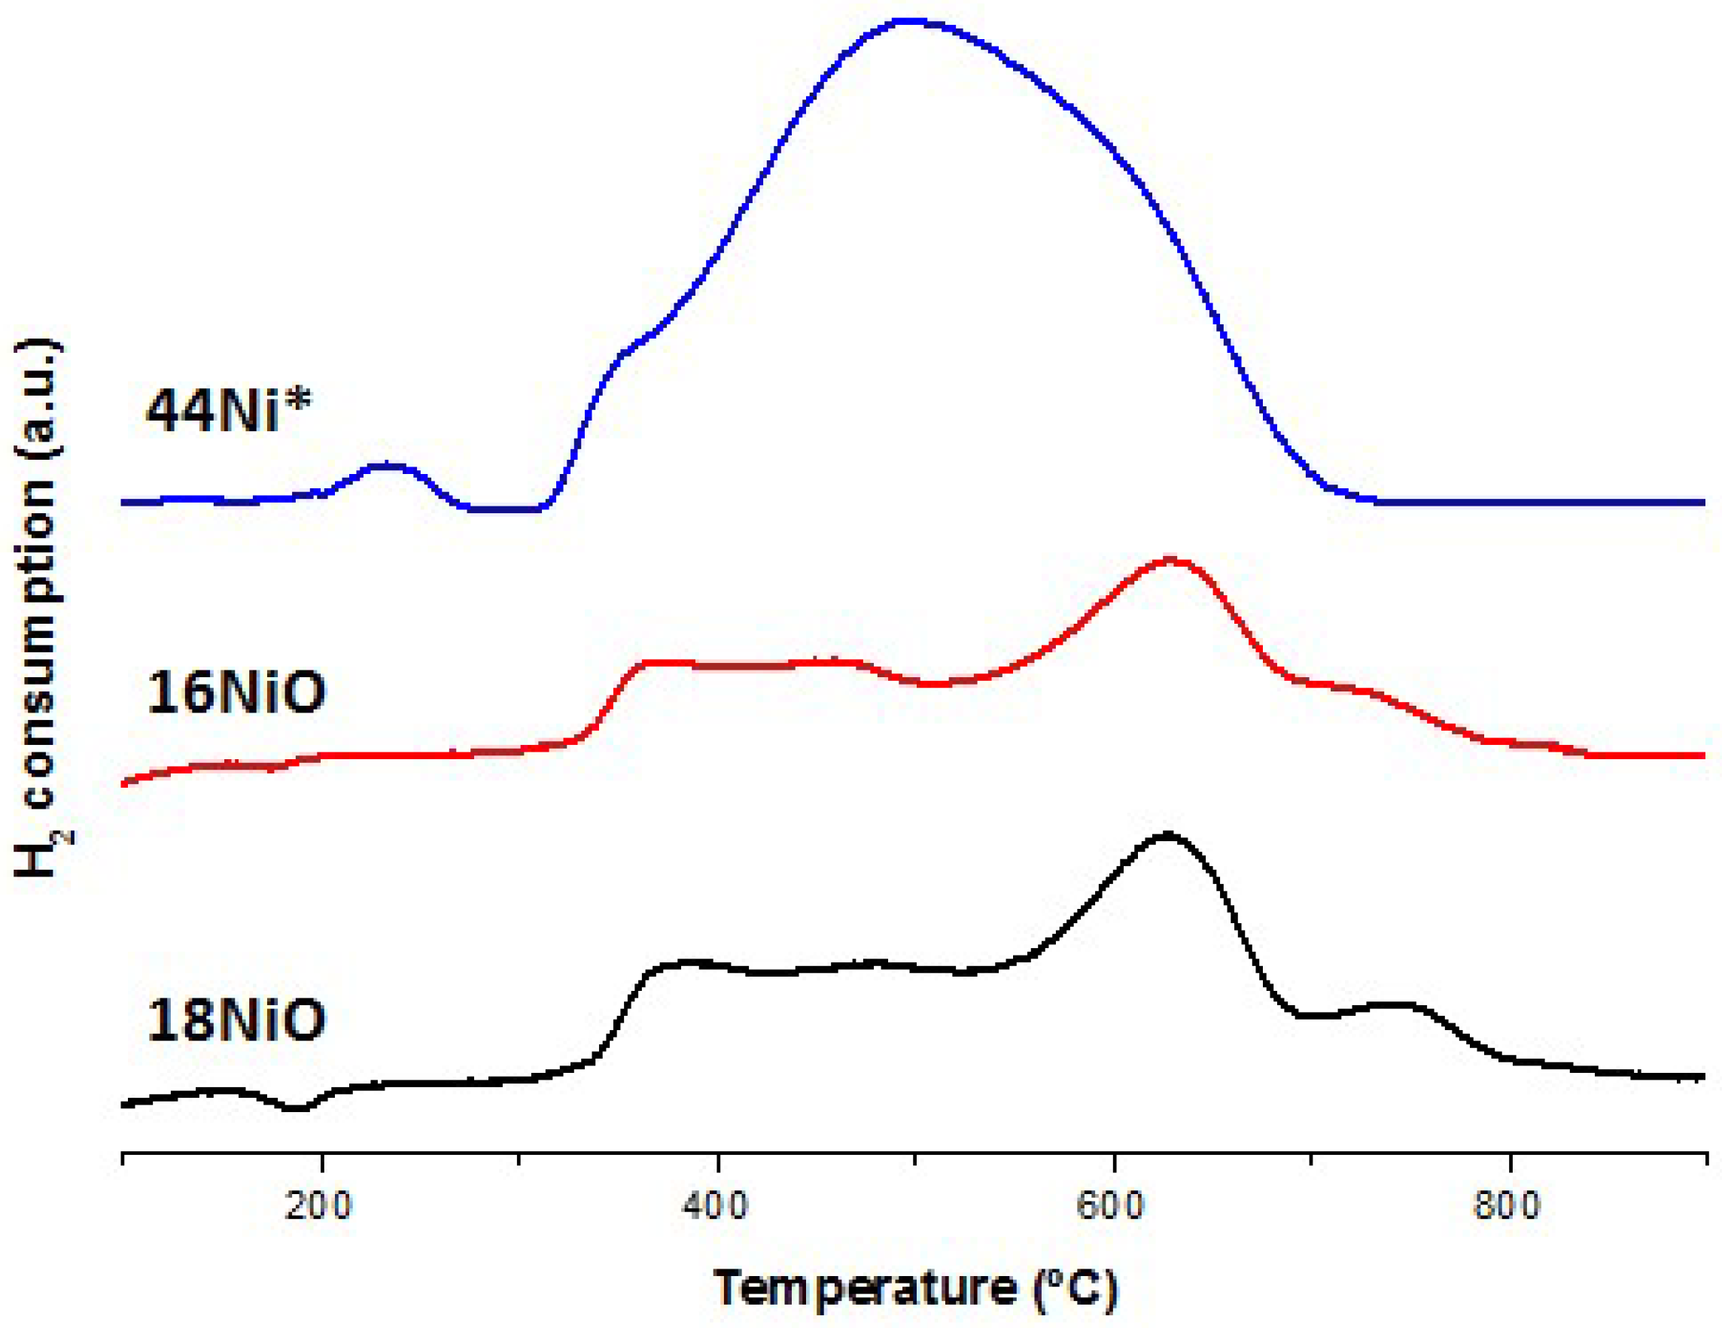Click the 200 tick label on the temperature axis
click(319, 1207)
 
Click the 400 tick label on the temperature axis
click(716, 1207)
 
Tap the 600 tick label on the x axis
click(1112, 1207)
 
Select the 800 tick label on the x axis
click(1508, 1207)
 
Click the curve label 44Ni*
click(229, 412)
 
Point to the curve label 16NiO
click(236, 693)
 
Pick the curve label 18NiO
click(236, 1020)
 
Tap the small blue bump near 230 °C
click(386, 466)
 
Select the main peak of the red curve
click(1170, 560)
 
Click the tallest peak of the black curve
click(1167, 834)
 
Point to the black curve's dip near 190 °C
click(297, 1108)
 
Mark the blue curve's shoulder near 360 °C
click(631, 347)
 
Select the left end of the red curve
click(123, 783)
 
